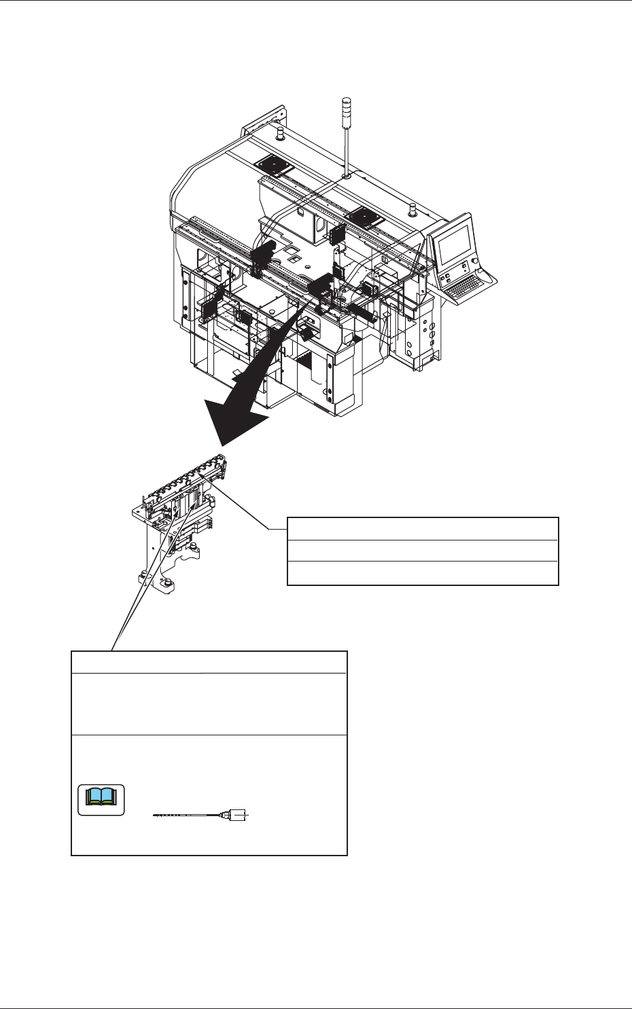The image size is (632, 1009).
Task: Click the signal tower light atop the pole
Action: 346,109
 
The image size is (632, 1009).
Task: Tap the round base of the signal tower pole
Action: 347,175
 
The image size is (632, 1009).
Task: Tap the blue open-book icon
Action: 101,799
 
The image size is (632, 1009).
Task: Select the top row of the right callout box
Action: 422,529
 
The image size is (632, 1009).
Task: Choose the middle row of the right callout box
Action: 422,551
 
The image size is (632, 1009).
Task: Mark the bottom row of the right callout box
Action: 422,573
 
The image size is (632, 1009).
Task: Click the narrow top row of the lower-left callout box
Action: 209,662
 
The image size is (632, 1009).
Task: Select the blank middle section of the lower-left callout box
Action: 209,704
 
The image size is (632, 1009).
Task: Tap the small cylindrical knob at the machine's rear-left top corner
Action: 279,132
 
